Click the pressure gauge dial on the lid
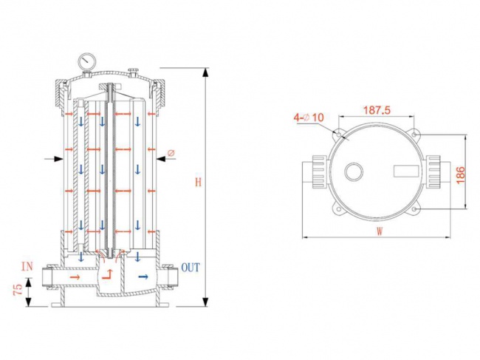point(88,58)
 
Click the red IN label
point(27,265)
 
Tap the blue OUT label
point(190,267)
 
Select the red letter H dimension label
point(196,183)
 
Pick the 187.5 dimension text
point(376,109)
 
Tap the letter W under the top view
point(380,230)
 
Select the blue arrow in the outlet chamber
point(143,276)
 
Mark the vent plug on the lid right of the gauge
point(133,71)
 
